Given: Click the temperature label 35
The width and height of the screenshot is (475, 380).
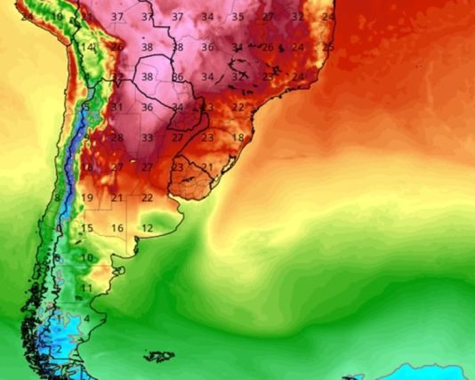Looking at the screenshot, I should click(x=237, y=17).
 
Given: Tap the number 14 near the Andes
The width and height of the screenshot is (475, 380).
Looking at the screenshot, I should click(x=86, y=47).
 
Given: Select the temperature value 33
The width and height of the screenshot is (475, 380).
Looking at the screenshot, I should click(x=147, y=138).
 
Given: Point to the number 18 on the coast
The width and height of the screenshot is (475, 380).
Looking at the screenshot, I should click(x=237, y=138).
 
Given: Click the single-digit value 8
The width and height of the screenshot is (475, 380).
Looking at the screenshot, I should click(x=57, y=198).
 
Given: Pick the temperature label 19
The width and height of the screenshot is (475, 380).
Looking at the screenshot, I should click(x=87, y=198).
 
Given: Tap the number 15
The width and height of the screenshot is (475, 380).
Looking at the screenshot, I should click(x=87, y=229).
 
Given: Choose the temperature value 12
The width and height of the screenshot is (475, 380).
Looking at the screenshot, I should click(x=147, y=229).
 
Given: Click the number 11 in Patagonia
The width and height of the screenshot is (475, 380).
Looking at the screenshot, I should click(x=86, y=288).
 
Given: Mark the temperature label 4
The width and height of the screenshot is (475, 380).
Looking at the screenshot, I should click(x=87, y=319).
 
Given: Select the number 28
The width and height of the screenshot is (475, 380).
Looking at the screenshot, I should click(x=117, y=138).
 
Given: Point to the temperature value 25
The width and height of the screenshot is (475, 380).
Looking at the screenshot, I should click(x=328, y=46).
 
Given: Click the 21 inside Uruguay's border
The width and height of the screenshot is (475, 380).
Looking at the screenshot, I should click(x=207, y=167).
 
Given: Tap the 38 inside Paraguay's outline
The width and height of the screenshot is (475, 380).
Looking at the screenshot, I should click(x=147, y=77).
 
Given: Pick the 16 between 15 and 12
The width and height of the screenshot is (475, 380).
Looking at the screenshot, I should click(x=117, y=229).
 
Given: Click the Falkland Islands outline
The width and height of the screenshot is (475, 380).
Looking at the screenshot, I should click(x=159, y=357).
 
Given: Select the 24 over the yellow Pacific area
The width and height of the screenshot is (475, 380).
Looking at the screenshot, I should click(x=27, y=17).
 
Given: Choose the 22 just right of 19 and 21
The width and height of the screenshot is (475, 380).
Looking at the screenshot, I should click(x=147, y=198).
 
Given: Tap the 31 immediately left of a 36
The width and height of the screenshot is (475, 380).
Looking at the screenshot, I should click(x=117, y=108).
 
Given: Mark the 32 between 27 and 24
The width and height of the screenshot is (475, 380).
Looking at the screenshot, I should click(x=297, y=17).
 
